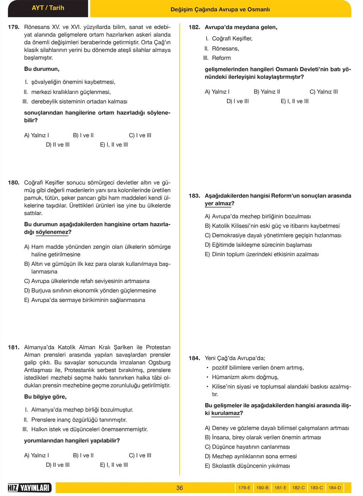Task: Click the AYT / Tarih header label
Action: (x=48, y=8)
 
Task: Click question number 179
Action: (x=14, y=27)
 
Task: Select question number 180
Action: (x=14, y=183)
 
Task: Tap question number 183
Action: (x=195, y=196)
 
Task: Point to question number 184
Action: (x=195, y=358)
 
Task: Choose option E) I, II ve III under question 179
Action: (x=114, y=145)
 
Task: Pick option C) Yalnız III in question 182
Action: (x=323, y=92)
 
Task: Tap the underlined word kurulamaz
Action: (x=225, y=413)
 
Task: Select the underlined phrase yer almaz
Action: (x=218, y=204)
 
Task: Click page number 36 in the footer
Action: (x=179, y=488)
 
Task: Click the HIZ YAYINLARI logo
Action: (x=29, y=488)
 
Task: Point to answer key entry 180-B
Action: (x=262, y=488)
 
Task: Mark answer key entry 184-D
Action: (x=335, y=488)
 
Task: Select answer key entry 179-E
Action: (x=244, y=488)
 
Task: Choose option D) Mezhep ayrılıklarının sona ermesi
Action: (x=250, y=456)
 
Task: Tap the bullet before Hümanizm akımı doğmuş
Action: (x=208, y=377)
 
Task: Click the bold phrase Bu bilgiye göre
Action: (x=45, y=397)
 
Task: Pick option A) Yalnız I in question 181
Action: (x=36, y=455)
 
